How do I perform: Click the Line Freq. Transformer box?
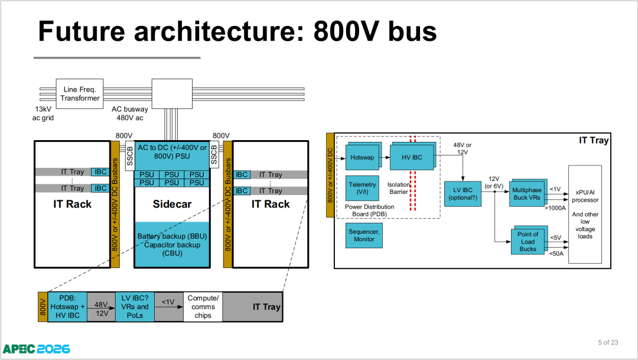tap(79, 93)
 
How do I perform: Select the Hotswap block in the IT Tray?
tap(363, 157)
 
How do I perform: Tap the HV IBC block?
tap(412, 157)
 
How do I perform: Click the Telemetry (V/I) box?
tap(362, 188)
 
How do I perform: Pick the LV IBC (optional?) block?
tap(463, 194)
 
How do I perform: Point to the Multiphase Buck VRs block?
tap(527, 193)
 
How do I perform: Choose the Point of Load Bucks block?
tap(528, 241)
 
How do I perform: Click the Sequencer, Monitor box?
tap(364, 235)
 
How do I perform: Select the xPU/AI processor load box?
tap(585, 214)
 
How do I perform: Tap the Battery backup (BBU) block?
tap(172, 244)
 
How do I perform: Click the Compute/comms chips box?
tap(203, 307)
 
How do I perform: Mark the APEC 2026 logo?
tap(36, 349)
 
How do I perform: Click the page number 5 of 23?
tap(608, 342)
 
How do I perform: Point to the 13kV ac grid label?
tap(43, 113)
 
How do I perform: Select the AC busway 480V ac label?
tap(130, 113)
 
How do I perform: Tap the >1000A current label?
tap(555, 208)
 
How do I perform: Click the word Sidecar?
tap(172, 204)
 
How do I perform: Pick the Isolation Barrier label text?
tap(398, 188)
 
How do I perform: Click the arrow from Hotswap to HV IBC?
tap(385, 158)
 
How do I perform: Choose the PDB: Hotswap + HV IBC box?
tap(67, 307)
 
